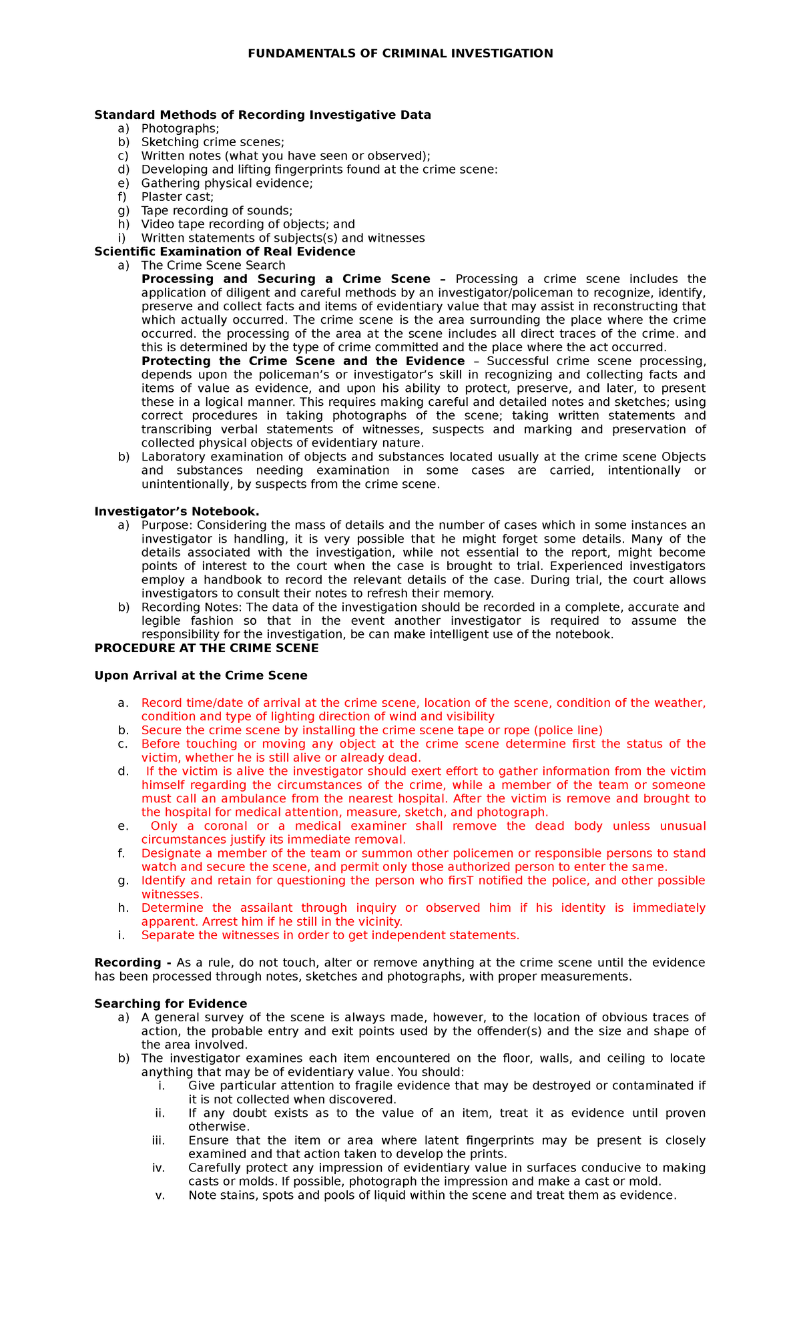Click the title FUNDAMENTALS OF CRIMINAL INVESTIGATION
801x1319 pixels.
400,53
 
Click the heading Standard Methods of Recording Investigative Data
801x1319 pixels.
262,115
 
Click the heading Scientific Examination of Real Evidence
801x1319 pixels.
225,252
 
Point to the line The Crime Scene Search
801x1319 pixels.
213,265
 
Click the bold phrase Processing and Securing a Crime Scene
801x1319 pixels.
286,279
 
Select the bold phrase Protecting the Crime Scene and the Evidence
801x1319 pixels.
302,361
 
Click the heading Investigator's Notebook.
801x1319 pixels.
177,511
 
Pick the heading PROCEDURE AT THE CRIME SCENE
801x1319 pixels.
206,648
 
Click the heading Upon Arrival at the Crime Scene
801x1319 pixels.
201,676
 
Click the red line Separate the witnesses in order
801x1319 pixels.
330,935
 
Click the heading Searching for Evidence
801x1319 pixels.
171,1004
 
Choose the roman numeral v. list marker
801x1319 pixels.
160,1195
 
